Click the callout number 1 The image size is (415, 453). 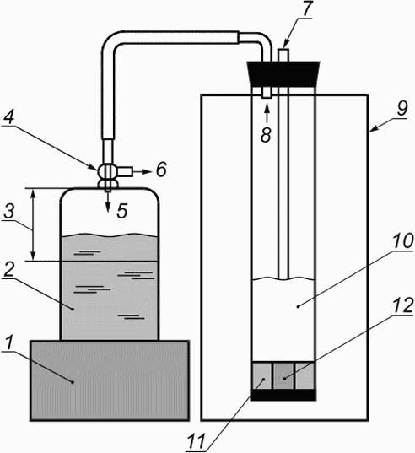[9, 343]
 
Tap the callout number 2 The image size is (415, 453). [8, 270]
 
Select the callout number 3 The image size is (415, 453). [9, 211]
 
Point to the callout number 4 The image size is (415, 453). [9, 117]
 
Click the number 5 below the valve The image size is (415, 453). [122, 210]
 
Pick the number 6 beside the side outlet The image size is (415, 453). [161, 169]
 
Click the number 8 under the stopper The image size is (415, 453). [266, 135]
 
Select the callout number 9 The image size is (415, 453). [402, 108]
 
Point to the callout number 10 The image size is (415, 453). [403, 240]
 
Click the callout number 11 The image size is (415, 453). [197, 441]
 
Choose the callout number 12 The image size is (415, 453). [403, 305]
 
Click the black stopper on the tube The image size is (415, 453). [283, 74]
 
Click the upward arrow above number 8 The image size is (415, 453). [267, 113]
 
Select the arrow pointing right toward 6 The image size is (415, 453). [142, 172]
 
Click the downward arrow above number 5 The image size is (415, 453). [108, 202]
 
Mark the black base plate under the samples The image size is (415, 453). [283, 395]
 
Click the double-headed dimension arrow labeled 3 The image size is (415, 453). [33, 224]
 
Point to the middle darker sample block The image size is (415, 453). [283, 376]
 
